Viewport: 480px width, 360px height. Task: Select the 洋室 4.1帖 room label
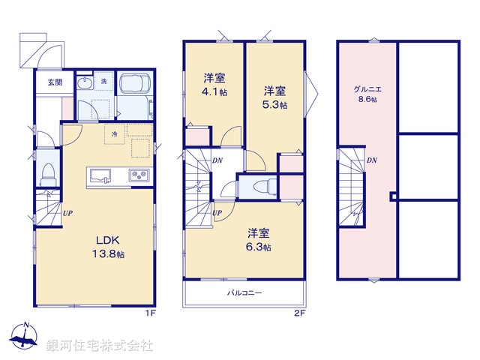click(214, 85)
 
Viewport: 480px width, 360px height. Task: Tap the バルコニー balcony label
click(244, 293)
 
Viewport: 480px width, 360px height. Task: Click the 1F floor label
click(150, 312)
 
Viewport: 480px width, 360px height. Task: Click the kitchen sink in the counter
click(100, 176)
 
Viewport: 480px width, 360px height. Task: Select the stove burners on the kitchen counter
click(139, 176)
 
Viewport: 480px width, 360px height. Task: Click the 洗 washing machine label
click(103, 80)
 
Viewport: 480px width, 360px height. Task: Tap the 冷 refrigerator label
click(115, 134)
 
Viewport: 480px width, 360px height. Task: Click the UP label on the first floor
click(67, 212)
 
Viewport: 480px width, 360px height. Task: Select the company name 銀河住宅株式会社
click(100, 346)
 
